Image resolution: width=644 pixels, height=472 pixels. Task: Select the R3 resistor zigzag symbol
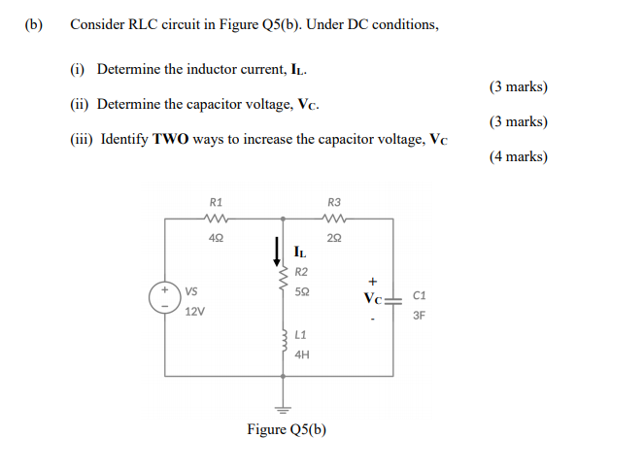(x=336, y=219)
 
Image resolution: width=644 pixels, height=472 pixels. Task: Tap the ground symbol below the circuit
(x=286, y=408)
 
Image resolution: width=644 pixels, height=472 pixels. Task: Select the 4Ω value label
(x=217, y=238)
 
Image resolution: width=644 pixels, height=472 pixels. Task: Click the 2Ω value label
(x=336, y=238)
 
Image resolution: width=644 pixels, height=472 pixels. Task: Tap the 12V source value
(x=195, y=312)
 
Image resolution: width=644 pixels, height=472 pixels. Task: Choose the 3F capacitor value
(x=420, y=315)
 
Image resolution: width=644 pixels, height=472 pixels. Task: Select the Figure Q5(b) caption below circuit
(x=287, y=430)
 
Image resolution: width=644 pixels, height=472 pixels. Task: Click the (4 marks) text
(x=519, y=155)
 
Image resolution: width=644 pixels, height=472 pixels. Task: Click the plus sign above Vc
(x=371, y=282)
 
